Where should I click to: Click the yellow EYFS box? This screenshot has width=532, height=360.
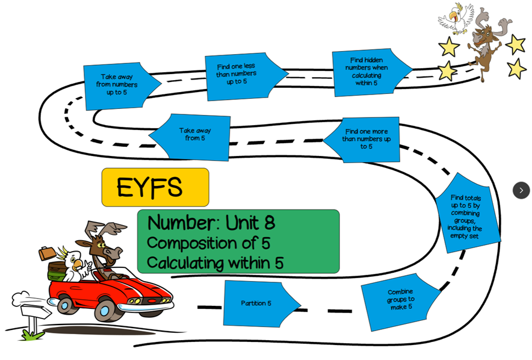tap(155, 187)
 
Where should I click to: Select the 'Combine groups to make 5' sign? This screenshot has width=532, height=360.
tap(400, 300)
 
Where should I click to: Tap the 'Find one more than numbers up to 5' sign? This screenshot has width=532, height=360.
tap(365, 139)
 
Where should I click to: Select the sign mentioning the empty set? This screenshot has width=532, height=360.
tap(468, 214)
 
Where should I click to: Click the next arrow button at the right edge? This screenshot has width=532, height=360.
tap(521, 190)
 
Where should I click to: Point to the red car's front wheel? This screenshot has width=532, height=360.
tap(106, 311)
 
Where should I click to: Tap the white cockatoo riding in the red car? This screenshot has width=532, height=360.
tap(74, 265)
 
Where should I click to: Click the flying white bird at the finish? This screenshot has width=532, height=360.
tap(456, 18)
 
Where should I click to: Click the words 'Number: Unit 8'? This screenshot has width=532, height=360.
tap(211, 223)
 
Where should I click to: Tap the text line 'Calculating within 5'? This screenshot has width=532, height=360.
tap(215, 263)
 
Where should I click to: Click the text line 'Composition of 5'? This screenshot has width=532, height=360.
tap(208, 243)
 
